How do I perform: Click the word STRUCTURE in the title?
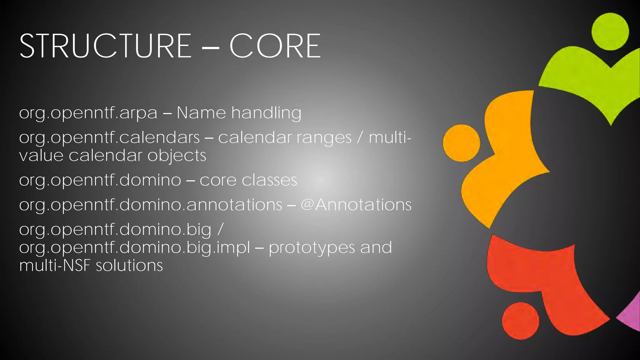point(105,46)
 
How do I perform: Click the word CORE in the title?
point(275,46)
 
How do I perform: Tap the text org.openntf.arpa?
point(88,113)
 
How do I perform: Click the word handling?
point(266,113)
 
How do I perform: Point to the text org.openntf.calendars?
point(109,138)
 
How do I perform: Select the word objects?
point(177,156)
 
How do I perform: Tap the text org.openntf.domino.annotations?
point(151,205)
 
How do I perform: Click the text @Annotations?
point(356,205)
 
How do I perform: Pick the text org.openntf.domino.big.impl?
point(134,248)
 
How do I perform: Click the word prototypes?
point(312,248)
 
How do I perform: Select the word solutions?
point(129,266)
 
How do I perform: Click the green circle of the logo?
point(610,32)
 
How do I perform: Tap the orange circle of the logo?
point(461,143)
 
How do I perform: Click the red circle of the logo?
point(520,321)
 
